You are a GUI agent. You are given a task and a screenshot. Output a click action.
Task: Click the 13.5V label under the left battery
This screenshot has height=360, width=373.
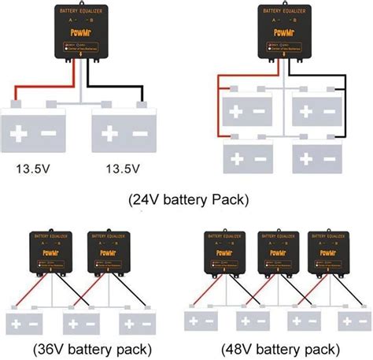pos(37,168)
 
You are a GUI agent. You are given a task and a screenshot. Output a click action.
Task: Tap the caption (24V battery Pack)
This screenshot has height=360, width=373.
pos(188,199)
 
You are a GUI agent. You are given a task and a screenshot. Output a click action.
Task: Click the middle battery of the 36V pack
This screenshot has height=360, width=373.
pos(81,324)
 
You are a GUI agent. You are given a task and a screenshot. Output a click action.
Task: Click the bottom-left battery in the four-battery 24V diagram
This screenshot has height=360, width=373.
pos(247,156)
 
